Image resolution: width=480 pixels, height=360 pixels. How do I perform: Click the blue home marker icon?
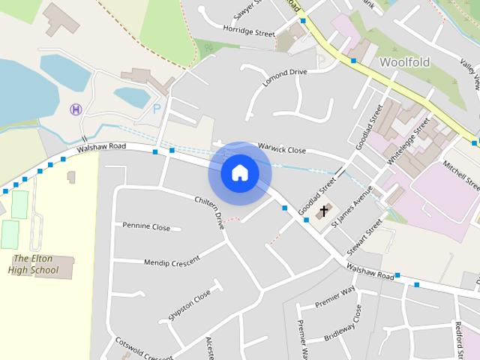click(240, 173)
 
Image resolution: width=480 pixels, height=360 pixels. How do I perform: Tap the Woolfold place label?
click(404, 62)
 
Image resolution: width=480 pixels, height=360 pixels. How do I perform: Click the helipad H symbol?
click(76, 109)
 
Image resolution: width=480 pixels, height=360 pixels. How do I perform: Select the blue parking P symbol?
click(157, 109)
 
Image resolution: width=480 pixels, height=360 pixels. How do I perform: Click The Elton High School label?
click(36, 264)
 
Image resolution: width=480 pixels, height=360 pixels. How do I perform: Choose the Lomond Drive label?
click(285, 77)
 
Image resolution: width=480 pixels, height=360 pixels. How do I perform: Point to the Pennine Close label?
click(146, 226)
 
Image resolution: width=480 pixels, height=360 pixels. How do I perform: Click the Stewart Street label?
click(365, 238)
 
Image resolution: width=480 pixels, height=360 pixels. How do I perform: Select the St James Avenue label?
click(352, 205)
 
